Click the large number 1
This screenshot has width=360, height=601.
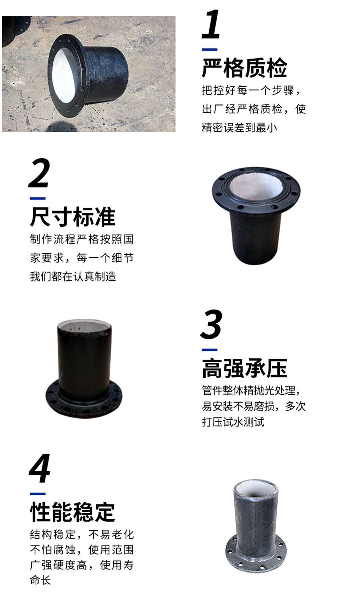click(211, 24)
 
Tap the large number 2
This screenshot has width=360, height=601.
click(40, 173)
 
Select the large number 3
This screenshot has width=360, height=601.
click(211, 325)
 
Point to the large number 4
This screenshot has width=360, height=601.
click(40, 468)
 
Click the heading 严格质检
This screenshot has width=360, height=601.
click(244, 68)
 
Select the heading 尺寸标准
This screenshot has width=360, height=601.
click(72, 217)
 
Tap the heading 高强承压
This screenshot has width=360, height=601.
click(244, 368)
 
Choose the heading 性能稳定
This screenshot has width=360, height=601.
click(72, 512)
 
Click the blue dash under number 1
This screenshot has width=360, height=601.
click(210, 49)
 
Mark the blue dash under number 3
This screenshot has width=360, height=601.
click(210, 350)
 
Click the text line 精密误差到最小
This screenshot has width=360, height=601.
click(239, 128)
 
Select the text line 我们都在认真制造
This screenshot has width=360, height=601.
click(73, 276)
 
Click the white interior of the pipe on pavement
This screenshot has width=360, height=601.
click(64, 76)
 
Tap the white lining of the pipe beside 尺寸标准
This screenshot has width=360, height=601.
click(256, 188)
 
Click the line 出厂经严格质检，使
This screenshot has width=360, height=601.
click(254, 109)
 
